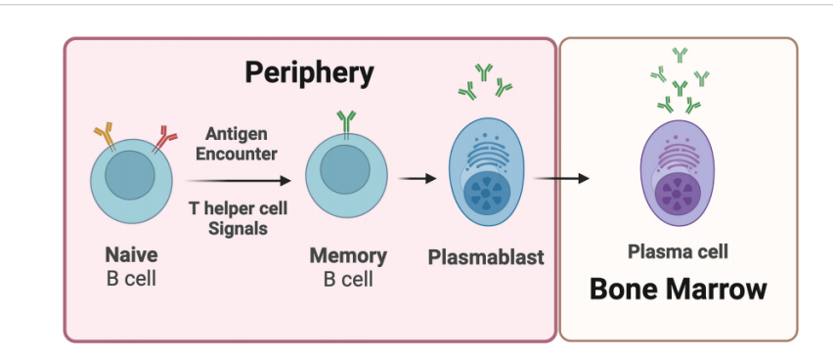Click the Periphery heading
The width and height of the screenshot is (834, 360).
(x=309, y=73)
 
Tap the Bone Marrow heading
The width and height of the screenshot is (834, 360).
(x=679, y=290)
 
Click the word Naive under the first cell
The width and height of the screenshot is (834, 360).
(x=131, y=254)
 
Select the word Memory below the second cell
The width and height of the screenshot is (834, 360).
(x=348, y=255)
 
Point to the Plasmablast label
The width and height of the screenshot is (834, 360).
(x=486, y=257)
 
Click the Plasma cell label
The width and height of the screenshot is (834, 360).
(x=678, y=251)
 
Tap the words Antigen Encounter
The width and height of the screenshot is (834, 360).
(x=237, y=144)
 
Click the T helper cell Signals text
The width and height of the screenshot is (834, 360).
(x=238, y=218)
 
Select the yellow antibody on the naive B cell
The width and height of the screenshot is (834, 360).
(x=105, y=136)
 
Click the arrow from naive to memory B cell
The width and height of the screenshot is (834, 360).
(x=239, y=181)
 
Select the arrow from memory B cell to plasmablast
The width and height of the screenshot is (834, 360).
(x=417, y=179)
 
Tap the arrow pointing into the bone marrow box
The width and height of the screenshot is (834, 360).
(x=561, y=178)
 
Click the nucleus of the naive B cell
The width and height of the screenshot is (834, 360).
(x=130, y=175)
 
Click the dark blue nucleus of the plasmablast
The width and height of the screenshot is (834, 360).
(x=487, y=194)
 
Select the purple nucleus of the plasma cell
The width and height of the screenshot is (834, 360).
(x=678, y=196)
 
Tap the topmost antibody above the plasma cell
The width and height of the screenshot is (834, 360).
(x=680, y=55)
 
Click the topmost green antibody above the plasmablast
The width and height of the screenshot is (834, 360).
(x=484, y=71)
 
